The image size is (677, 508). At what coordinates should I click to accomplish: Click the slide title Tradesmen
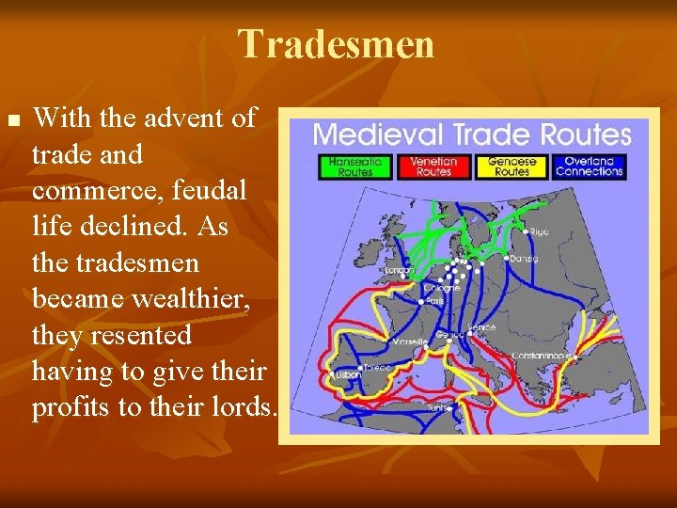click(337, 44)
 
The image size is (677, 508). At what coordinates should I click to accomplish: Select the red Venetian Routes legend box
click(433, 167)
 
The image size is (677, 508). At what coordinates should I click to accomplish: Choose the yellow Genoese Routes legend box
click(512, 167)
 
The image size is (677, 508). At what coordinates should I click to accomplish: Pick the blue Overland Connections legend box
click(590, 167)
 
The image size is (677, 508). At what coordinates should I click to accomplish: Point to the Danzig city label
click(523, 258)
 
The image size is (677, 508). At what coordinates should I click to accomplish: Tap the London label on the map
click(399, 271)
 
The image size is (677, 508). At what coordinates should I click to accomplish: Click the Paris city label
click(434, 301)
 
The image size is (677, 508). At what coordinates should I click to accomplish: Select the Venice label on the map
click(482, 326)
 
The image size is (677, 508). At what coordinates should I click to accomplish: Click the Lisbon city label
click(347, 374)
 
